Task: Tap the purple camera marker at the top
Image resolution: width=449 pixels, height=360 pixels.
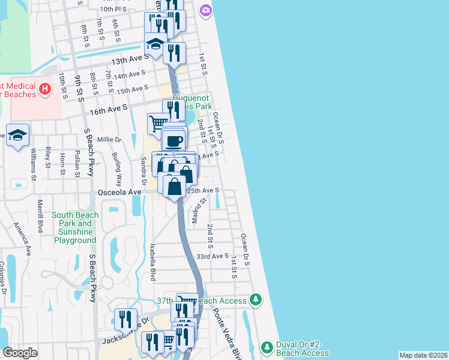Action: [x=206, y=10]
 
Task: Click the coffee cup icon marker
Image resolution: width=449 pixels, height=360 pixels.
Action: [x=174, y=141]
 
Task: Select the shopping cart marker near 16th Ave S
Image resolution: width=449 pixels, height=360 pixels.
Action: [x=158, y=124]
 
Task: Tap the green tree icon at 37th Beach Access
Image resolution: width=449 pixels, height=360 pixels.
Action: [x=256, y=299]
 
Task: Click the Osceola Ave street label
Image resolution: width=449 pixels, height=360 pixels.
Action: [x=120, y=192]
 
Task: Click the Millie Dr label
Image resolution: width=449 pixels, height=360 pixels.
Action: [x=110, y=139]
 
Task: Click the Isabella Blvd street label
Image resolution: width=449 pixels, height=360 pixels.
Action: [x=153, y=262]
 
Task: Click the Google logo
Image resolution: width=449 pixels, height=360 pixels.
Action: [x=20, y=352]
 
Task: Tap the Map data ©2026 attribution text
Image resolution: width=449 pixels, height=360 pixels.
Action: [x=423, y=355]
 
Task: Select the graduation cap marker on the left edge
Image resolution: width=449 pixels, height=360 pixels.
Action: [x=17, y=135]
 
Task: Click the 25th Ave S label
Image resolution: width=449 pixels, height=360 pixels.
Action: [x=202, y=190]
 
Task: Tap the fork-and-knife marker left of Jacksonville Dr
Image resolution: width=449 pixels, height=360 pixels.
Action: [x=125, y=319]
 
